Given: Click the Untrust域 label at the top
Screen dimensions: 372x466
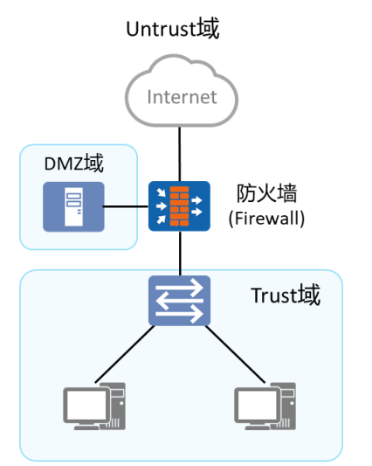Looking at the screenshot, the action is (x=173, y=29).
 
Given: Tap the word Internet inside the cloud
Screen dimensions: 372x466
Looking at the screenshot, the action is (x=182, y=97).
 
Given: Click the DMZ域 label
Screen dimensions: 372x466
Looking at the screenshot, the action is (x=73, y=163).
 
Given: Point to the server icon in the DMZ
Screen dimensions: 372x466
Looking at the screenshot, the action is (x=73, y=207).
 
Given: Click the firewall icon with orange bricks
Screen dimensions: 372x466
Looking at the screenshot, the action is (x=179, y=206).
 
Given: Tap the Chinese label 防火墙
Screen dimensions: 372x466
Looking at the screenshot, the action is (x=266, y=193).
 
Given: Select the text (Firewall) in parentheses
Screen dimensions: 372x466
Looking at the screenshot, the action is (x=266, y=219).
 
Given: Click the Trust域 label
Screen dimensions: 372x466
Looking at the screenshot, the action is (x=286, y=295).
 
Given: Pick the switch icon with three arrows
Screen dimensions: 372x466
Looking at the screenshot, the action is (x=179, y=301).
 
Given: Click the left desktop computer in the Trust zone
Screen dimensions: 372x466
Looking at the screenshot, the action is (x=94, y=407).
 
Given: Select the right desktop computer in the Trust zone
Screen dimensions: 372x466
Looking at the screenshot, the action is (x=265, y=407).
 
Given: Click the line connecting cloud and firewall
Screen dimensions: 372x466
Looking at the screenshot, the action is (x=179, y=154).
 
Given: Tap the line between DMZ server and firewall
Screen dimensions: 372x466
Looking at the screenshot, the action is (x=126, y=206).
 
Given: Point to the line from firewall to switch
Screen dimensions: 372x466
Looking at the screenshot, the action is (x=180, y=254).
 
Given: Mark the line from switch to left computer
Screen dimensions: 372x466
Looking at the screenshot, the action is (x=125, y=354).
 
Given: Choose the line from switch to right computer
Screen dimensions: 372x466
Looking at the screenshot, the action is (x=235, y=354).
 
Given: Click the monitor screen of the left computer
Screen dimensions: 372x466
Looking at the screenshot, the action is (x=86, y=405).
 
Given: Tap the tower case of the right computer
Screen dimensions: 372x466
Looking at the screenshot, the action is (x=287, y=406).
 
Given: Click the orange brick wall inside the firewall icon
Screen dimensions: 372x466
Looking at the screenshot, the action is (x=179, y=206).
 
